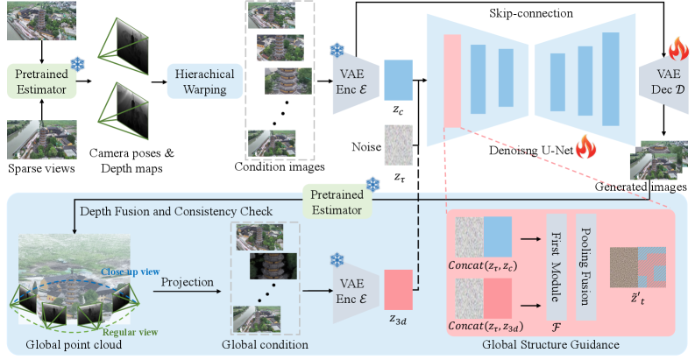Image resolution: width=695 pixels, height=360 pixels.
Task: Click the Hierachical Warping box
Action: (x=204, y=81)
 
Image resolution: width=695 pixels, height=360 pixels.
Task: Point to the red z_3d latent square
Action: (x=398, y=287)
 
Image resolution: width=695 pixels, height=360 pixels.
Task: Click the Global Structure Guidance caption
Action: (x=549, y=345)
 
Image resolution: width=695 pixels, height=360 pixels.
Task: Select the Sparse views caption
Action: (x=39, y=166)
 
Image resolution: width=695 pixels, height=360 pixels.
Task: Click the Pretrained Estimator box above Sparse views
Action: (x=39, y=81)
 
